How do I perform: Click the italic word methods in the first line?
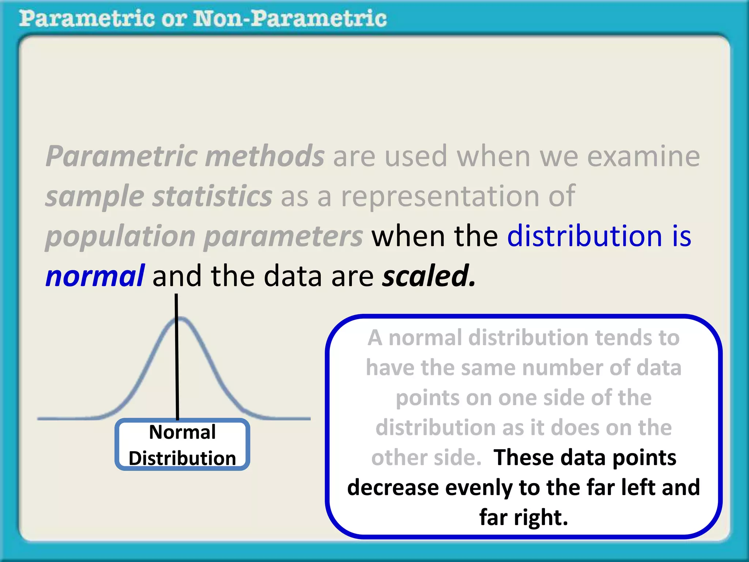(265, 156)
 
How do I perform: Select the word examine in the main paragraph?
(643, 156)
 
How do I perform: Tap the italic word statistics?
(212, 196)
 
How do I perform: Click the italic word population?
(121, 236)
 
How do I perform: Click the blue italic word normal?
(95, 276)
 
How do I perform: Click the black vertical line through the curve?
(177, 366)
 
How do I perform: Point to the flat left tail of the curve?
(66, 418)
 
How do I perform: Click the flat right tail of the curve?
(289, 418)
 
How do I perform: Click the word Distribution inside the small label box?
(182, 458)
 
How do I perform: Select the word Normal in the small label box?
(182, 432)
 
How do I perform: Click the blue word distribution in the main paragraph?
(584, 236)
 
